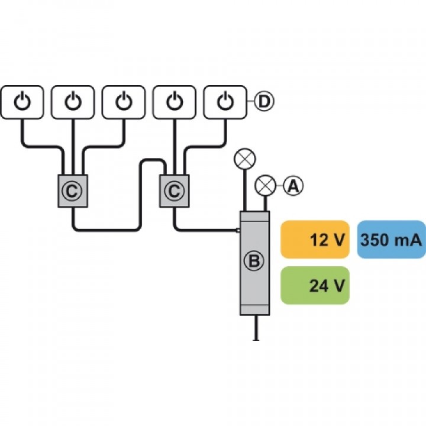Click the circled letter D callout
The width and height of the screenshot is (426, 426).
(x=264, y=102)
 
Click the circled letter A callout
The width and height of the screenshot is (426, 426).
(x=293, y=186)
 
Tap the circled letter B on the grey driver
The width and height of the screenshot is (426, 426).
(x=254, y=261)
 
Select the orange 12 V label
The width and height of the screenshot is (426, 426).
(x=315, y=240)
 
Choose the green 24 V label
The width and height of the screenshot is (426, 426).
(x=315, y=285)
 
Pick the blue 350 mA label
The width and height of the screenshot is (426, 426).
(x=391, y=240)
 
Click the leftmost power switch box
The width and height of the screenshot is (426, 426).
(x=22, y=102)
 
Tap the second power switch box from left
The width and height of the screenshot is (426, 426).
(x=73, y=102)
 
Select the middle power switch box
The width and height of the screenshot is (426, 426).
(x=124, y=102)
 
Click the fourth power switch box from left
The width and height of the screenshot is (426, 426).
(x=175, y=102)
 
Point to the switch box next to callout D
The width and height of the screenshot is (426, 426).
(x=225, y=102)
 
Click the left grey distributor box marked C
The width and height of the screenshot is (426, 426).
(x=73, y=191)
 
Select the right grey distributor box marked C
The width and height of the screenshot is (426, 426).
(x=175, y=191)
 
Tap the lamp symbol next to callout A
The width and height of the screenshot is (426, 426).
(x=265, y=186)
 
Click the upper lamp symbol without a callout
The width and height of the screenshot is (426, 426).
(x=245, y=159)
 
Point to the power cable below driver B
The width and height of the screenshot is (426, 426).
(x=256, y=328)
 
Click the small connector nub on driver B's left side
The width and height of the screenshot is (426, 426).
(x=238, y=231)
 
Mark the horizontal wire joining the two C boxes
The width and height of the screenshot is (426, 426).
(x=106, y=230)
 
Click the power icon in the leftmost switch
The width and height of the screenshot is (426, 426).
(x=22, y=101)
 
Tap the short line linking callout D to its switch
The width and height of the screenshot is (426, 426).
(x=250, y=102)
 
